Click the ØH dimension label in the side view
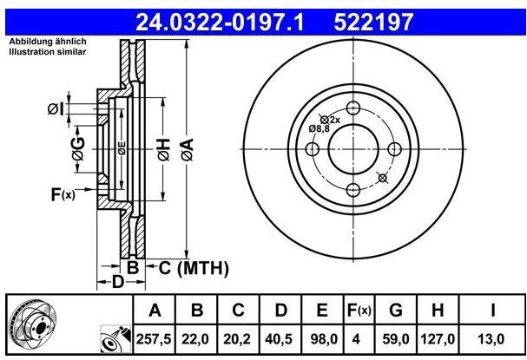point(161,151)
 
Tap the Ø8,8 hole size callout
point(319,128)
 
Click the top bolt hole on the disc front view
point(352,108)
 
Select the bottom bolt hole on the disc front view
point(352,189)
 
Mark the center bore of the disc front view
point(352,148)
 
